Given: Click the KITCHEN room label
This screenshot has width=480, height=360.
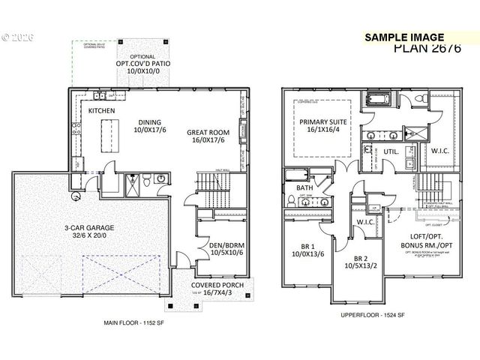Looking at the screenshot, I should tap(102, 110).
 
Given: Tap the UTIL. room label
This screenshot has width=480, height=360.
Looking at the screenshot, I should tap(391, 151).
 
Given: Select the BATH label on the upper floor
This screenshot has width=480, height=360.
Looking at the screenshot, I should tap(304, 187).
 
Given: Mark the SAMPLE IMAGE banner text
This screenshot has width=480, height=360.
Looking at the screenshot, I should tap(404, 37).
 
